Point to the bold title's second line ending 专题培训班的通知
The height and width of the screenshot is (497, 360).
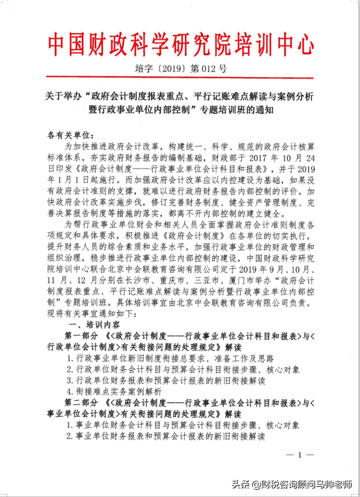point(181,110)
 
